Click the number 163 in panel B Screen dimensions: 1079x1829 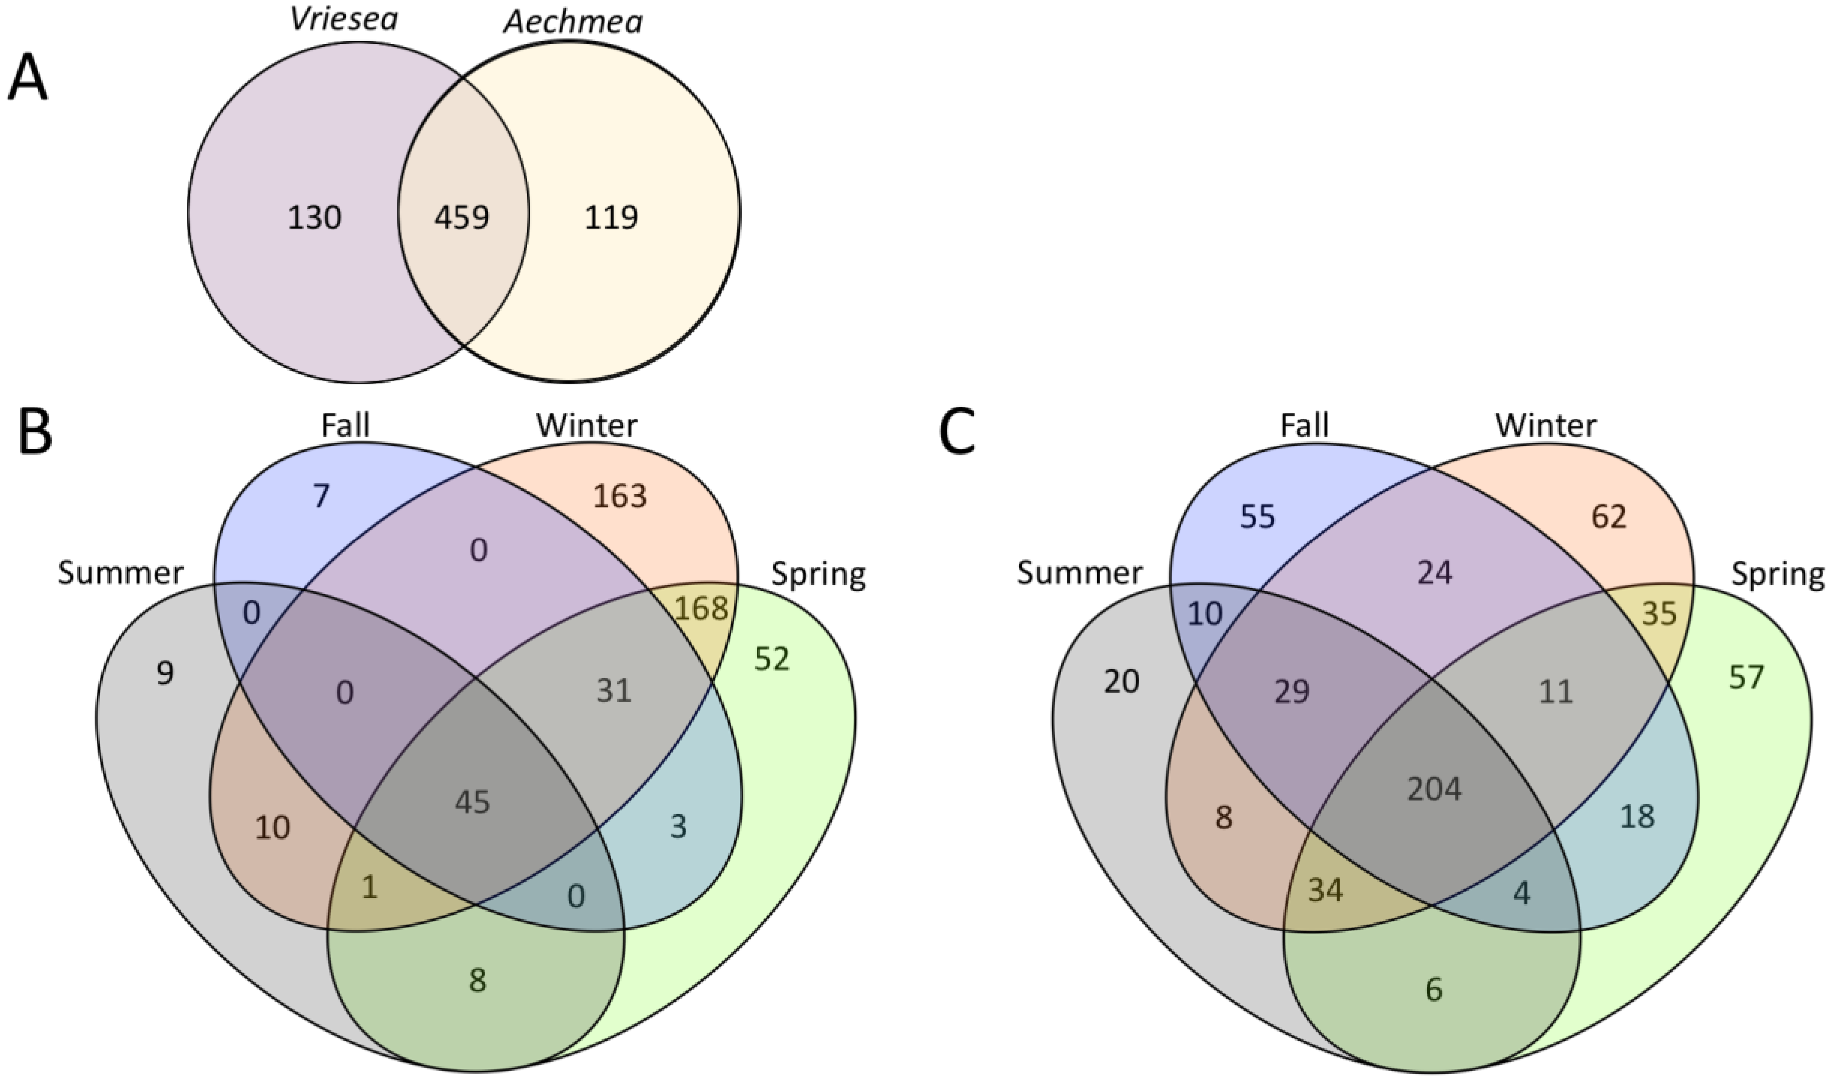[x=620, y=497]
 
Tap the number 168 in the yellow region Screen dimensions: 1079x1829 [x=701, y=608]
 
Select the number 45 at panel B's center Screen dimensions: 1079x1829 [x=472, y=802]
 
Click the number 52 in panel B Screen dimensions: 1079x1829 [x=772, y=659]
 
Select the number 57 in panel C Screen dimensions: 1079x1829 [x=1746, y=678]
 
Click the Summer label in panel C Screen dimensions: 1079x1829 [x=1080, y=573]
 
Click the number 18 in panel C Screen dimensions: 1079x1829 [x=1637, y=816]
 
